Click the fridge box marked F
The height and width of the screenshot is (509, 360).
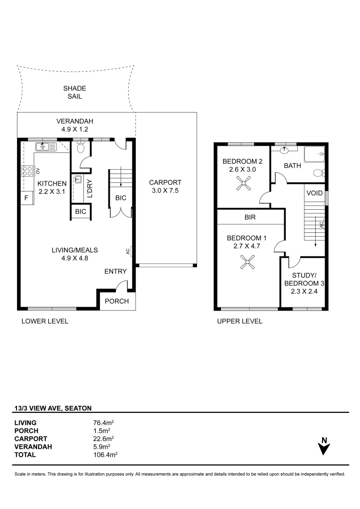[26, 198]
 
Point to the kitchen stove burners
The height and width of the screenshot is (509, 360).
[27, 171]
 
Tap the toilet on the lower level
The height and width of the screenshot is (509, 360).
[81, 148]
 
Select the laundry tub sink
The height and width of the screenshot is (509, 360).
[78, 180]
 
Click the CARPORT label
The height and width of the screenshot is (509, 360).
[165, 182]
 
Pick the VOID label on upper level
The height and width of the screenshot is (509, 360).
[314, 193]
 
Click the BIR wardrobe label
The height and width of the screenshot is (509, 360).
[250, 218]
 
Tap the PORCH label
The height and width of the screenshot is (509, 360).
[116, 301]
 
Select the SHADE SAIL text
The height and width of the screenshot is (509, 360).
[75, 92]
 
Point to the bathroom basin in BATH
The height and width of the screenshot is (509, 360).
[285, 151]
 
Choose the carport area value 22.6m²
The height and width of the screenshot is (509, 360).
[104, 439]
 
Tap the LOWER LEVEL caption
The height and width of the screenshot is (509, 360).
[45, 321]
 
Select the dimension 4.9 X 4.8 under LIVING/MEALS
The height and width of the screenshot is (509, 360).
[75, 258]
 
